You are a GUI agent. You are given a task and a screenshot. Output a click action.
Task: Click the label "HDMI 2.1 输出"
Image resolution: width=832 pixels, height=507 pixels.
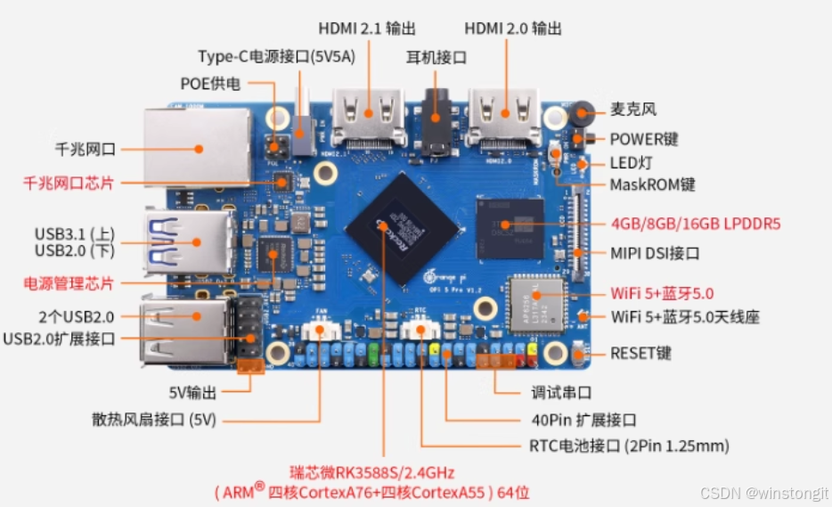click(367, 29)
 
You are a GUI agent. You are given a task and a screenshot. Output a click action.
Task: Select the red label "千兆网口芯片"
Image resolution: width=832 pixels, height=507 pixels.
click(69, 184)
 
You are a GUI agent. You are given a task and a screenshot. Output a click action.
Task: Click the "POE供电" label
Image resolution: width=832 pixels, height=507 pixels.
click(210, 84)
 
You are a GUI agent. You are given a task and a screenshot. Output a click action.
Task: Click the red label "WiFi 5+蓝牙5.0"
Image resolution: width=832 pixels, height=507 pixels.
click(662, 293)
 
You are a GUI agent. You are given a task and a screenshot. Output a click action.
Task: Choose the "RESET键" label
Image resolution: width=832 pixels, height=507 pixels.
click(641, 353)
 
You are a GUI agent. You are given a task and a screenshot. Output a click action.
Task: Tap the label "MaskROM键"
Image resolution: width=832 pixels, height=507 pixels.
click(652, 184)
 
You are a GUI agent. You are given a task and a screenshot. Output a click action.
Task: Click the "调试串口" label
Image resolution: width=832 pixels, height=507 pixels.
click(561, 392)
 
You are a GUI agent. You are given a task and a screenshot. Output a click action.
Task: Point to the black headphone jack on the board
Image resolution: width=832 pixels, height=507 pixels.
click(436, 125)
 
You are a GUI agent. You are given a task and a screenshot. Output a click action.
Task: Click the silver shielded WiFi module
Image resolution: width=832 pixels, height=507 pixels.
click(536, 297)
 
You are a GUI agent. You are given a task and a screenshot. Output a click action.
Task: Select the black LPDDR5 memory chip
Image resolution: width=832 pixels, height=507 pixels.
click(509, 228)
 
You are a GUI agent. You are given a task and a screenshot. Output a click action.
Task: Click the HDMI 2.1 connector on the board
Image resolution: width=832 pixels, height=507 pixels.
click(369, 123)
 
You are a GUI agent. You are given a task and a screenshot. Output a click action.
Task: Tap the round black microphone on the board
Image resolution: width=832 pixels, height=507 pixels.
click(583, 112)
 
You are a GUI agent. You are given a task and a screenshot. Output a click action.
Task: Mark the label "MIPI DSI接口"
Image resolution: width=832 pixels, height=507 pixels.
click(655, 253)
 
